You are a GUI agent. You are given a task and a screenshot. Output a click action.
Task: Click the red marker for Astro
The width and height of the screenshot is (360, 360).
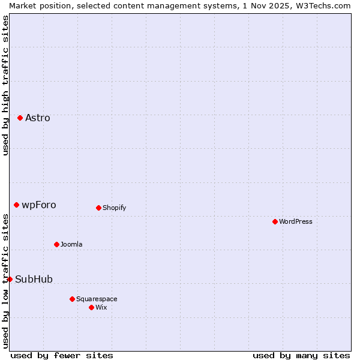[20, 118]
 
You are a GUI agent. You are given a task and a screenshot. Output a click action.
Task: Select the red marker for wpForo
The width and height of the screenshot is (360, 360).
[16, 205]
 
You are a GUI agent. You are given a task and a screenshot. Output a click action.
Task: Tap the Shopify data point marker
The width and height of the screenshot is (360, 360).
[98, 208]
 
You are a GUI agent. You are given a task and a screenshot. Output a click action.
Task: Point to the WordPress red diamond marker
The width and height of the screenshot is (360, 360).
[275, 221]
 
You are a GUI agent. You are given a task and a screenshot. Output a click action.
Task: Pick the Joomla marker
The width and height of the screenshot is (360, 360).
[56, 244]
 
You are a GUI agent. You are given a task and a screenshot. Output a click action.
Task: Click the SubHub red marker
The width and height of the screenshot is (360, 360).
[10, 279]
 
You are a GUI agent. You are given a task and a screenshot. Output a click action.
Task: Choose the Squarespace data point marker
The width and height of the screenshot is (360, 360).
[72, 299]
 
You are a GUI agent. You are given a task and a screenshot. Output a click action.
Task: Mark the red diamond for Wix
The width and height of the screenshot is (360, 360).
[91, 307]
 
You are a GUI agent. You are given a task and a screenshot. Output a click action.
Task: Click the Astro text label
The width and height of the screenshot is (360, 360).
[38, 118]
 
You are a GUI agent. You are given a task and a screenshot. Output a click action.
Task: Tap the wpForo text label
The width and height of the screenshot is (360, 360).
[39, 205]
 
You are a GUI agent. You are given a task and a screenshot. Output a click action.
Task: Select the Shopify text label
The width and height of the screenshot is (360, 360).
[114, 208]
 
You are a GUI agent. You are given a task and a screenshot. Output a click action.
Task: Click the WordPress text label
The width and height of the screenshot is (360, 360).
[296, 221]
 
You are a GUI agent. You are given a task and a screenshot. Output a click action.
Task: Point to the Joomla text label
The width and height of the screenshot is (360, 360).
[71, 244]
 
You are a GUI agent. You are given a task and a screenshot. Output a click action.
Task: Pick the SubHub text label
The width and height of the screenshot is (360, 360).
[34, 279]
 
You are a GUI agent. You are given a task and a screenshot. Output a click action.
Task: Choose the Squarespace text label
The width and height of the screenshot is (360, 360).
[97, 299]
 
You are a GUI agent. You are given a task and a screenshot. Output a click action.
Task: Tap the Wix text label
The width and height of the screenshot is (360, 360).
[101, 307]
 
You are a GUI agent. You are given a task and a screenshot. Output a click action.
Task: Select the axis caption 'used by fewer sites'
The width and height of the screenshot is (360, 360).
[62, 355]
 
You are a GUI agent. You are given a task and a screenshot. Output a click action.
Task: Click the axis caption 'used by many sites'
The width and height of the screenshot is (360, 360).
[301, 355]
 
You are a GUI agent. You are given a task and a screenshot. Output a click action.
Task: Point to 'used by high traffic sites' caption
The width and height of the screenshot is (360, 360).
[5, 85]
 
